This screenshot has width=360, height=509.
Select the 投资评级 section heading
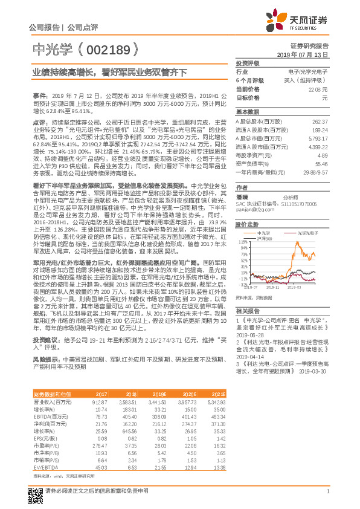tap(248, 63)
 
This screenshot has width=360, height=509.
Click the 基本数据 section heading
tap(248, 112)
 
